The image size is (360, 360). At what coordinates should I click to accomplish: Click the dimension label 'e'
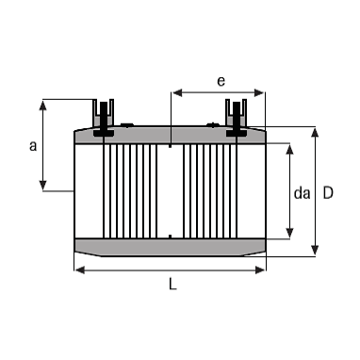coord(221,81)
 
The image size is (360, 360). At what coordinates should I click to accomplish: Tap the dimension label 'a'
coord(33,146)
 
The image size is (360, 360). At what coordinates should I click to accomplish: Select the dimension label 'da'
coord(302,193)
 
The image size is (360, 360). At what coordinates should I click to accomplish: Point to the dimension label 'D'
coord(328,193)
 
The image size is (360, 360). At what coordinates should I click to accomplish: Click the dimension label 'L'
coord(172,285)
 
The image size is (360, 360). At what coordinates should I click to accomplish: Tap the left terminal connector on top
coord(103,118)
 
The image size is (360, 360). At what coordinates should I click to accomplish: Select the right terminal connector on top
coord(237,118)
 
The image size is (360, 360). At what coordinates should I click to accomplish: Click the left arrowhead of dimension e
coord(177,92)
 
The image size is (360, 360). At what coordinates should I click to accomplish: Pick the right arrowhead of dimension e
coord(259,92)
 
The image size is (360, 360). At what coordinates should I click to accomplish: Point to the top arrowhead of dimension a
coord(42,106)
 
